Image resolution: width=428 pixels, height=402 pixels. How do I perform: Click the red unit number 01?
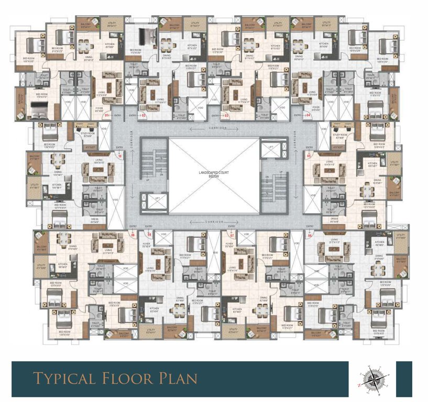(107, 115)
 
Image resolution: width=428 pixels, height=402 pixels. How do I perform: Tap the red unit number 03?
(226, 115)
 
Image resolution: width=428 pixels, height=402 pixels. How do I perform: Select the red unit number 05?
(309, 155)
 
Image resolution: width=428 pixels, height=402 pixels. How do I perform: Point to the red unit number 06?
(310, 235)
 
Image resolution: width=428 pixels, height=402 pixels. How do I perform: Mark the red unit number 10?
(119, 155)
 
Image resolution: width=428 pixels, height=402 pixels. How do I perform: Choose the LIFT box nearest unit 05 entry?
(271, 148)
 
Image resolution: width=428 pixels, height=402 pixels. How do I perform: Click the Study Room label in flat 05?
(341, 135)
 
